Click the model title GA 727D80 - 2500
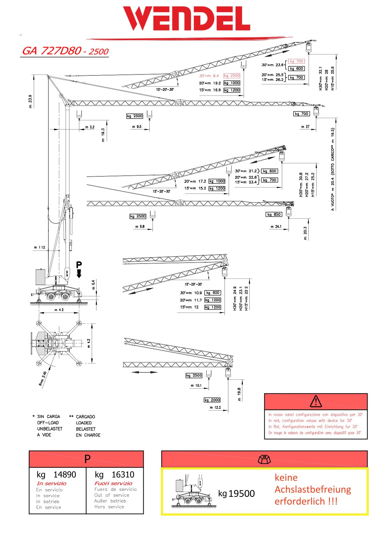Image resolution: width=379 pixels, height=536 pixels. (x=65, y=51)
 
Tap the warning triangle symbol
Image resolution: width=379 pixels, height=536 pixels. (x=316, y=401)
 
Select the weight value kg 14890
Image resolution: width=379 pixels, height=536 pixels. (x=56, y=475)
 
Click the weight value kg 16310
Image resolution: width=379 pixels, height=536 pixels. (x=114, y=475)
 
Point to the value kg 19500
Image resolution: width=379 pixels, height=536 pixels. (x=236, y=494)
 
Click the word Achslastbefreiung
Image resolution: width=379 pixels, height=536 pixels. (x=313, y=489)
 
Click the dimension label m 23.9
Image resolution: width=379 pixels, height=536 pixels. (x=31, y=101)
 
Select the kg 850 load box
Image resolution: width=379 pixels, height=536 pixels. (x=274, y=214)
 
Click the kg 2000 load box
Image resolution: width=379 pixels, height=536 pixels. (x=212, y=400)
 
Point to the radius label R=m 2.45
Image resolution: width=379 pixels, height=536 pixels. (x=43, y=378)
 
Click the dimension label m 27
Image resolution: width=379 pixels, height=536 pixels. (x=305, y=127)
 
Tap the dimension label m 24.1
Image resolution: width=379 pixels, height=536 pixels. (x=276, y=227)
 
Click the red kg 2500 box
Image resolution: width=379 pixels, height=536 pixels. (x=232, y=76)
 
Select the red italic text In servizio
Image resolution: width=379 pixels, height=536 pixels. (x=51, y=483)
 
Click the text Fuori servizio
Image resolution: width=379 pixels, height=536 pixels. (x=113, y=483)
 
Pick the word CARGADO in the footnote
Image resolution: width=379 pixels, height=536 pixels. (x=85, y=417)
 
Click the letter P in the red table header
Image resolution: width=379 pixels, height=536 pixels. (x=87, y=459)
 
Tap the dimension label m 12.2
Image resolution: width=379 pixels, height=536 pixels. (x=215, y=407)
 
